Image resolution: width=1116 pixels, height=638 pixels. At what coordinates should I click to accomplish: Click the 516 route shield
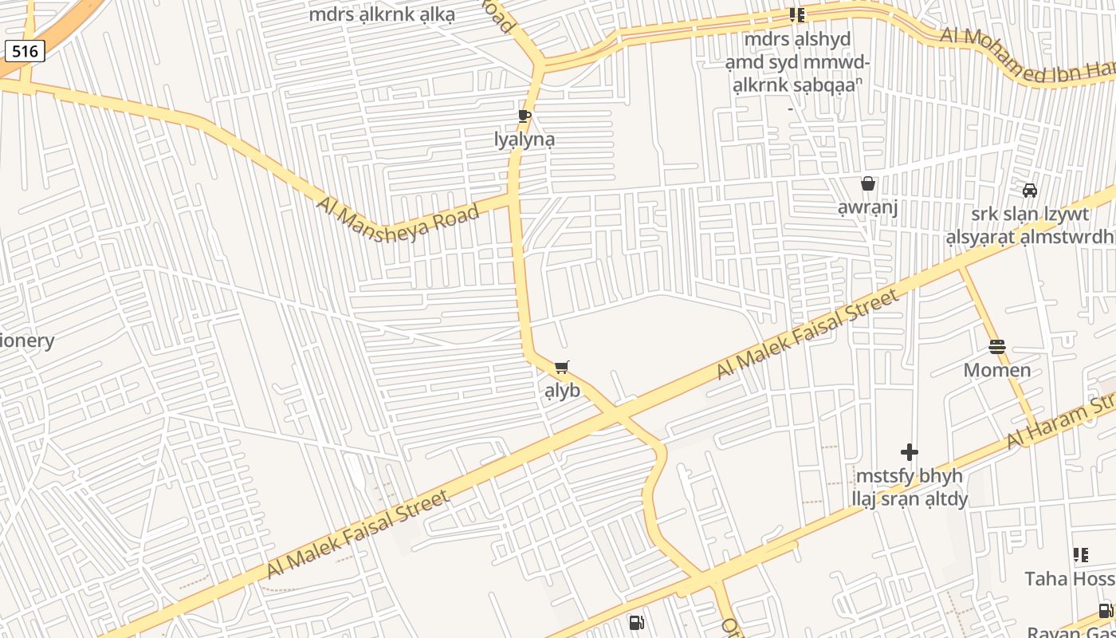point(25,52)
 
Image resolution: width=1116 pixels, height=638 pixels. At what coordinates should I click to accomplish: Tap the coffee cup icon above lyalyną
point(524,116)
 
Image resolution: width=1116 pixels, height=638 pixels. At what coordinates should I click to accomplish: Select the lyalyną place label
point(525,140)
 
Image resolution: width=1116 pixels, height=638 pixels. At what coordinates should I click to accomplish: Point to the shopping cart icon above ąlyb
point(562,368)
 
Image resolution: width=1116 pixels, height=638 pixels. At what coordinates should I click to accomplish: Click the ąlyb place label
point(562,392)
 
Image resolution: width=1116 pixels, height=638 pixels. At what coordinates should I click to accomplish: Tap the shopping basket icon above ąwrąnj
point(868,184)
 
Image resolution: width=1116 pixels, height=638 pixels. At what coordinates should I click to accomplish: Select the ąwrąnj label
point(868,208)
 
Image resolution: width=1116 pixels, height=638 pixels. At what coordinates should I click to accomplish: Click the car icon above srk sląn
point(1030,191)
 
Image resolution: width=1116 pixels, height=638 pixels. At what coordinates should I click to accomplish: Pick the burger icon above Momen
point(997,347)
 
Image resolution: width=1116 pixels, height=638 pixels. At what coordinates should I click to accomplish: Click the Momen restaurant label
point(997,371)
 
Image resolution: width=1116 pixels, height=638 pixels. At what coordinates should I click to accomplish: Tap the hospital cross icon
point(910,452)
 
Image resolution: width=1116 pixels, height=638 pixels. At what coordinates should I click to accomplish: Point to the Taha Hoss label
point(1070,579)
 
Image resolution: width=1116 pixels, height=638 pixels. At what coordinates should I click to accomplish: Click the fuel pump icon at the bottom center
point(636,623)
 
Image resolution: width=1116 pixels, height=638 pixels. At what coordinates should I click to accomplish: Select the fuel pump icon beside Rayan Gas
point(1106,612)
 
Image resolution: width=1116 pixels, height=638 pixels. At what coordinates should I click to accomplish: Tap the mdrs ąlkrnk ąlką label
point(381,14)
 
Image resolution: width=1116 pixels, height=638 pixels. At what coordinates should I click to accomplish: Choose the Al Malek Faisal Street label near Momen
point(807,334)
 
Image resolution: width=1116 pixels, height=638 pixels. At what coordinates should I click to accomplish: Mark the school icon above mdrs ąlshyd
point(796,15)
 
